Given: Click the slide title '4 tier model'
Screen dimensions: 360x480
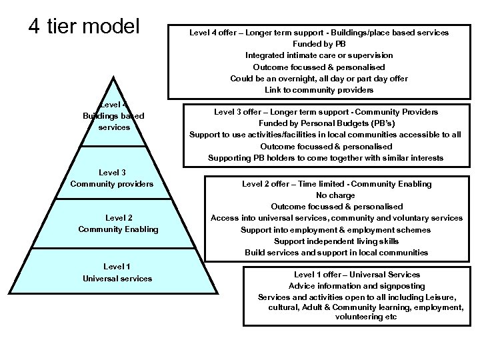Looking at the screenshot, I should click(83, 26).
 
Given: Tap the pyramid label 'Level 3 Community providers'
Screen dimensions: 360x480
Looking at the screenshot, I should click(112, 179).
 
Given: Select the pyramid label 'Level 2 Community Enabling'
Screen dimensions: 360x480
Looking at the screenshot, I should click(118, 223).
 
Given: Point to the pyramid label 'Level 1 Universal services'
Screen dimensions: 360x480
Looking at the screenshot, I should click(117, 272).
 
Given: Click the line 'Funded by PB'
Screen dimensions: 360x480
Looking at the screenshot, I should click(319, 43).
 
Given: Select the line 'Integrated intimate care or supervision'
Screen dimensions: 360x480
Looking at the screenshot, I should click(319, 55).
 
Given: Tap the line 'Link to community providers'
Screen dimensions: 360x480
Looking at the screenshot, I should click(319, 90).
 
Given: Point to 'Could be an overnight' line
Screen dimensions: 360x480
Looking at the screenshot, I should click(319, 79).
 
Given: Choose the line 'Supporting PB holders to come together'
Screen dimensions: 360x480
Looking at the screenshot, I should click(325, 158).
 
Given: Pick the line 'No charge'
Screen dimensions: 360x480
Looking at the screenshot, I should click(337, 195).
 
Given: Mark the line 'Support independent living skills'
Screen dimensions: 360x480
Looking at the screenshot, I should click(337, 241).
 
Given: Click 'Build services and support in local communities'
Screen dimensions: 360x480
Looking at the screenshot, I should click(337, 253).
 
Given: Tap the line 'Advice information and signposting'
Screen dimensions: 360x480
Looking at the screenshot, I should click(357, 285).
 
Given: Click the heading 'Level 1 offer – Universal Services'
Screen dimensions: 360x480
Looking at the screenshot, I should click(357, 274).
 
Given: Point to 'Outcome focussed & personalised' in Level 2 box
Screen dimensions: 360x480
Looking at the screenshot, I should click(337, 207).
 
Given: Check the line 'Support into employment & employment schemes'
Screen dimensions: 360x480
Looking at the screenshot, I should click(337, 230).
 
